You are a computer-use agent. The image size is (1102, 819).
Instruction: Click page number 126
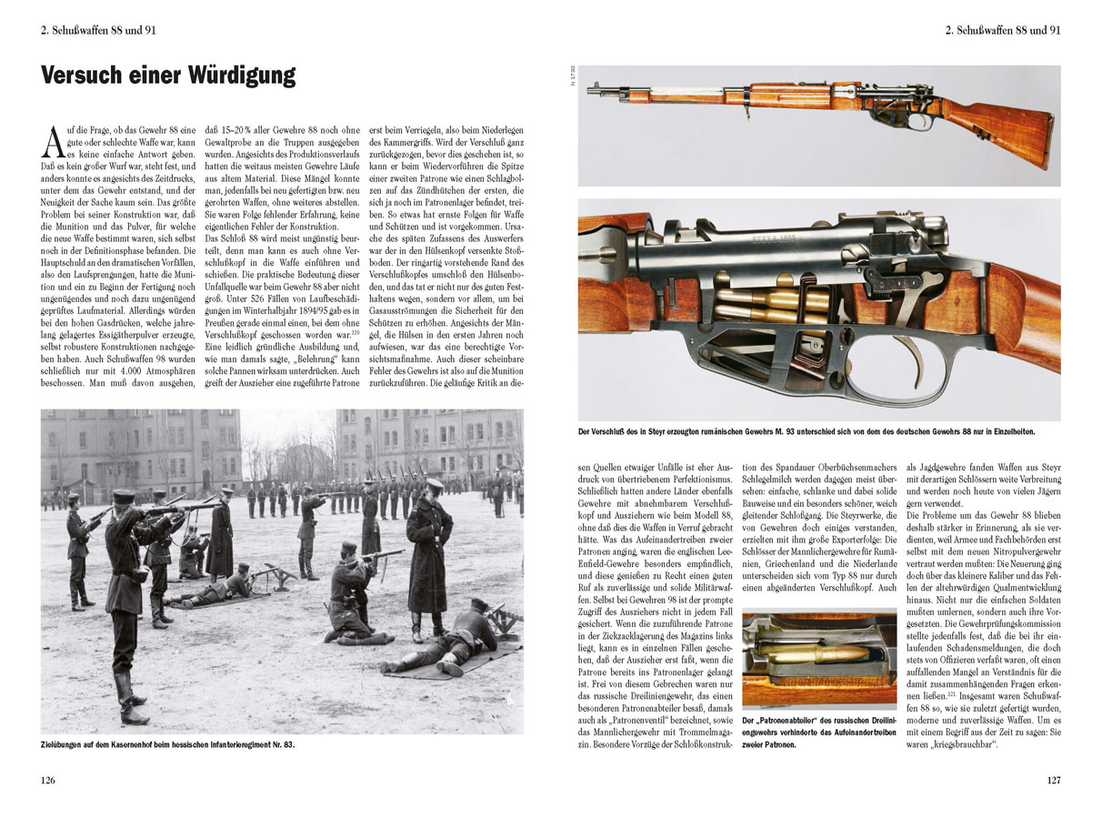[x=48, y=780]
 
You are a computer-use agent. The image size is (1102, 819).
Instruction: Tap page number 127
[x=1053, y=780]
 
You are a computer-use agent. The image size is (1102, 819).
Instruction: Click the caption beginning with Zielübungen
[x=168, y=744]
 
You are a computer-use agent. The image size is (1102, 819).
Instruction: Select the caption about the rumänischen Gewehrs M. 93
[x=806, y=431]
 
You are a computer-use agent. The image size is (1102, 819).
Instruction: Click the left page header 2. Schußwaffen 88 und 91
[x=98, y=29]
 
